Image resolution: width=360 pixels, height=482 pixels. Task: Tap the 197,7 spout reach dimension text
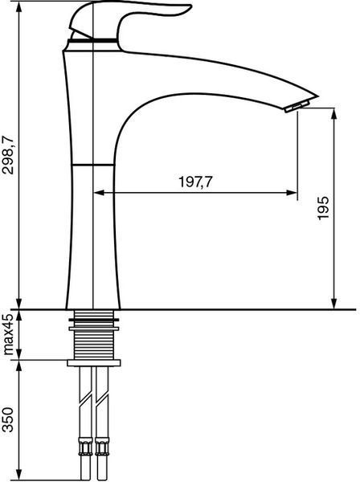195,182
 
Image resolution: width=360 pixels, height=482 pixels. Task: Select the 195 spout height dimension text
323,208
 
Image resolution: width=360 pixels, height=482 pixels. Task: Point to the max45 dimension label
8,334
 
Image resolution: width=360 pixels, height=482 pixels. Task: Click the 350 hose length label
8,419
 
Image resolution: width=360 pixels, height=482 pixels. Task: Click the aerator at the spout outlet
297,106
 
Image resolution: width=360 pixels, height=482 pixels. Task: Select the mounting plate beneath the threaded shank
94,363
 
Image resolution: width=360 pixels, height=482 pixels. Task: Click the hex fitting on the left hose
85,447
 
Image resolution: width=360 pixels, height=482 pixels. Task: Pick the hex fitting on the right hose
101,447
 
